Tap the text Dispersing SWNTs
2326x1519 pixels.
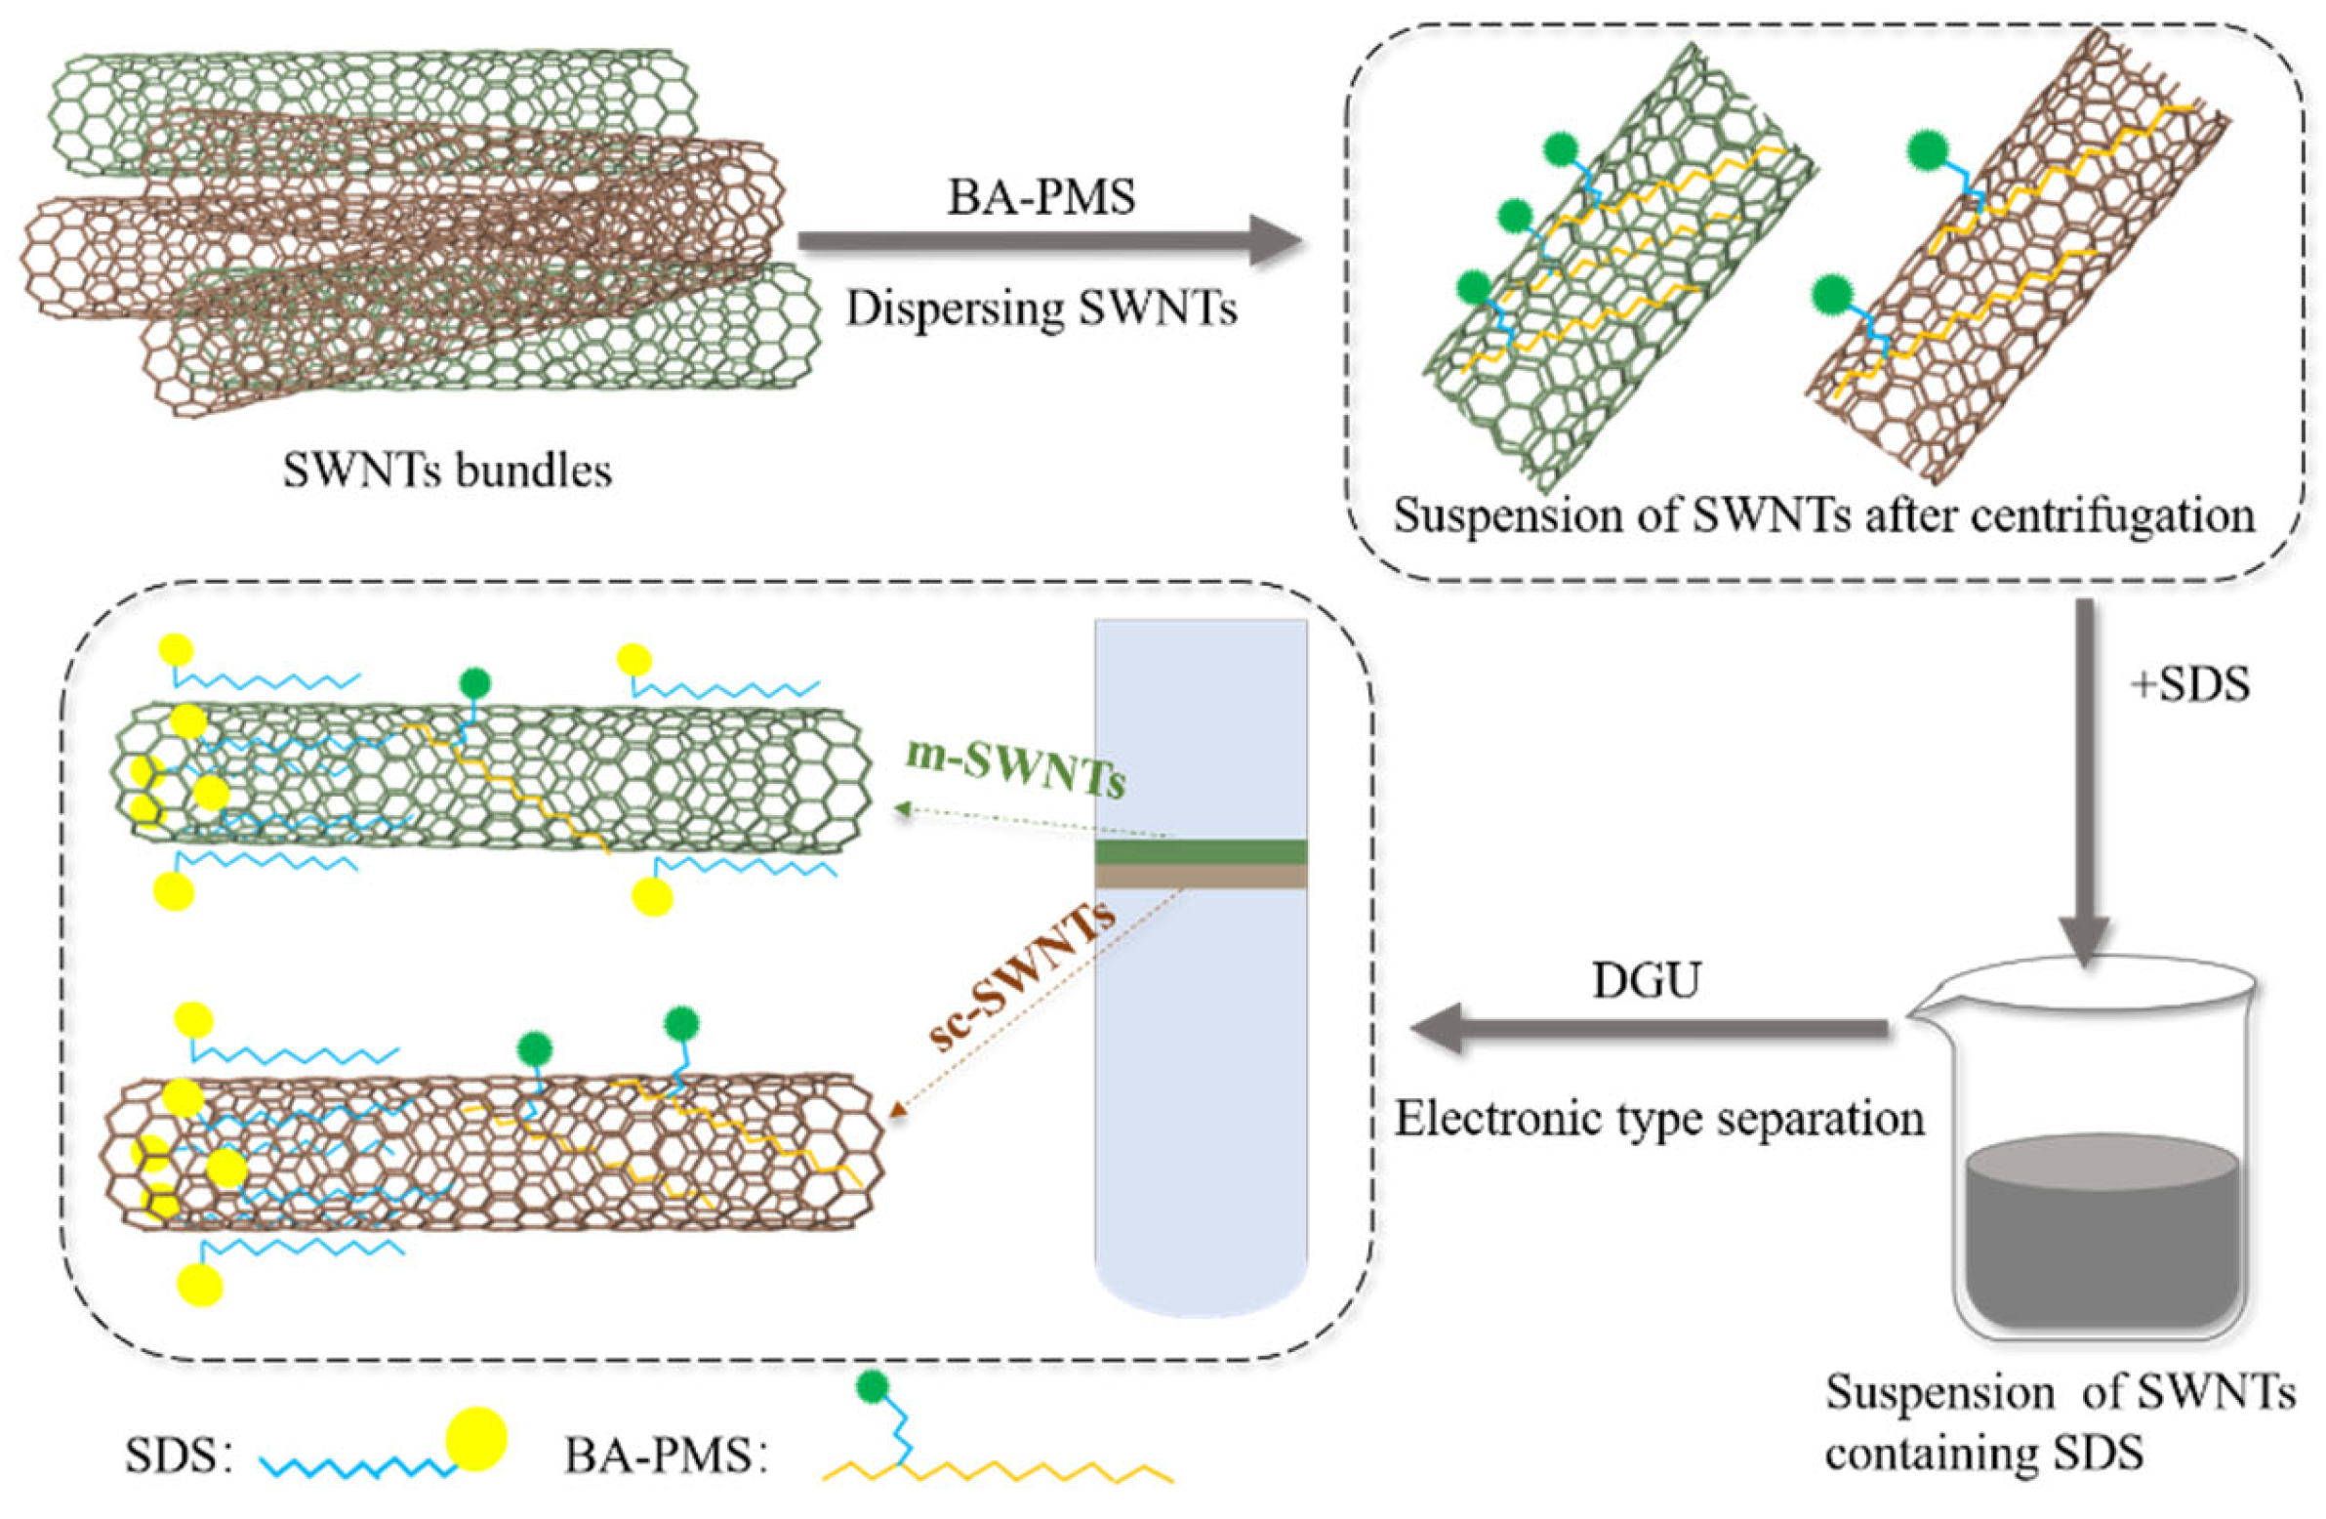pos(1041,308)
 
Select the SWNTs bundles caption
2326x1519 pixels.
pos(448,472)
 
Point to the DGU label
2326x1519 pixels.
pos(1646,981)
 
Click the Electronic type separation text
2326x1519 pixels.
pos(1658,1118)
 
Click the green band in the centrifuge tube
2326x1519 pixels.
pos(1201,851)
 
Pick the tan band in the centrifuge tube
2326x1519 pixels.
pos(1201,877)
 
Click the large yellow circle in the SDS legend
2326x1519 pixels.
pos(476,1439)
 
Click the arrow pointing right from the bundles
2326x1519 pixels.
pos(1050,241)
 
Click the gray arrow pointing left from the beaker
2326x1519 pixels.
pos(1652,1028)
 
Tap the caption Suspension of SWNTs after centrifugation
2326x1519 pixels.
pos(1823,516)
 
